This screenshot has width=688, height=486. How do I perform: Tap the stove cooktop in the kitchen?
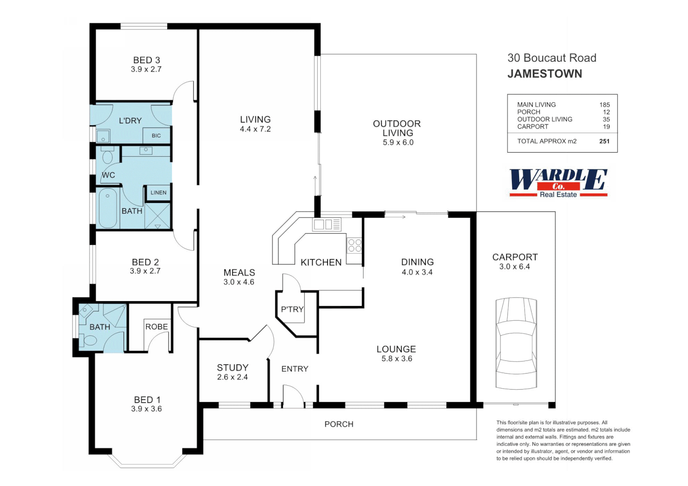(355, 246)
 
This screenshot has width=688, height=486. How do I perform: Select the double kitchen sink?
(327, 224)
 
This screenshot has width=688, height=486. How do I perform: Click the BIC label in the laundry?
(156, 135)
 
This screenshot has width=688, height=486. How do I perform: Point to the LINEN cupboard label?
(158, 193)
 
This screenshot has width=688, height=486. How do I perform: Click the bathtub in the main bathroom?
(108, 208)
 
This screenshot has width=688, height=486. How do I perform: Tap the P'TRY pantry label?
(292, 309)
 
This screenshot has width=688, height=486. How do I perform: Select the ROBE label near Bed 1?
(156, 327)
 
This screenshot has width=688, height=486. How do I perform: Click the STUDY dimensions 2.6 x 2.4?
(232, 377)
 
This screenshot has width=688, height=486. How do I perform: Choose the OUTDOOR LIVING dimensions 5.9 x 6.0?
(398, 142)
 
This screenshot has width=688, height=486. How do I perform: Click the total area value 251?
(604, 141)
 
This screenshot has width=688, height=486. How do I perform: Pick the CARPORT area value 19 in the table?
(606, 127)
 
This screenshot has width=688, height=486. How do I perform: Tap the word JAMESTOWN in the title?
(545, 74)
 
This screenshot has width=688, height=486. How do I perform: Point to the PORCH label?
(339, 424)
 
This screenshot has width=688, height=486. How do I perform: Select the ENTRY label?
(295, 369)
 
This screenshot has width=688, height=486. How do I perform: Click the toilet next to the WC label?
(108, 156)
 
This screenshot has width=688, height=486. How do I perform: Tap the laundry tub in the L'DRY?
(103, 136)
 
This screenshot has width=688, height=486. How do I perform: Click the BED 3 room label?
(146, 60)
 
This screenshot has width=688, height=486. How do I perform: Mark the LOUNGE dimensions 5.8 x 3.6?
(396, 359)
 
